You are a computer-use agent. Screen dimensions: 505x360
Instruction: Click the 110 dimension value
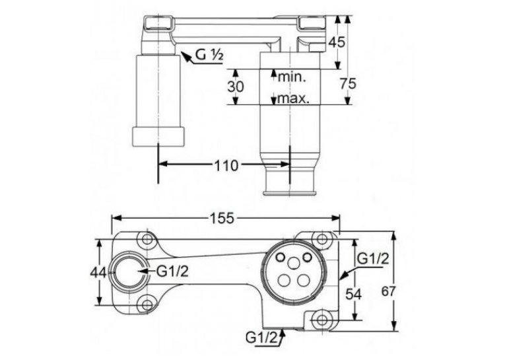(226, 165)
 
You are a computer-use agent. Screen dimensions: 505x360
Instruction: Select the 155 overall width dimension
(222, 218)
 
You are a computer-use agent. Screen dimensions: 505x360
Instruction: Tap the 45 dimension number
(336, 42)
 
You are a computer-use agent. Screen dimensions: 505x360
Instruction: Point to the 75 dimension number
(349, 83)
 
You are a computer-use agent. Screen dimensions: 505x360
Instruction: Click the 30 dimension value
(236, 87)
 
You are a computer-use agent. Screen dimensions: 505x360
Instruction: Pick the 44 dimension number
(98, 273)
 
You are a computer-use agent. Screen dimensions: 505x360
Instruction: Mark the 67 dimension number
(388, 291)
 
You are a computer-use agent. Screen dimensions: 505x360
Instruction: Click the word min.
(292, 77)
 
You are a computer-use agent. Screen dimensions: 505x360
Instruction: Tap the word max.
(293, 98)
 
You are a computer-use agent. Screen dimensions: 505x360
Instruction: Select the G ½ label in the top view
(209, 55)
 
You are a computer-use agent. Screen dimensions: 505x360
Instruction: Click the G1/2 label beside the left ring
(172, 272)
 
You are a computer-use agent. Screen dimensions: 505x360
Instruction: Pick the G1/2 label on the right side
(374, 258)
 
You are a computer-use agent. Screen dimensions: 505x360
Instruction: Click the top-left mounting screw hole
(147, 239)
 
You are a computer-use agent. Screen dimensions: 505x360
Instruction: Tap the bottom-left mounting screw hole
(147, 304)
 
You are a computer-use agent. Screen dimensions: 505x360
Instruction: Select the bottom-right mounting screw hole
(321, 320)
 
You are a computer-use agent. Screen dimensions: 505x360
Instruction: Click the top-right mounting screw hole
(321, 239)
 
